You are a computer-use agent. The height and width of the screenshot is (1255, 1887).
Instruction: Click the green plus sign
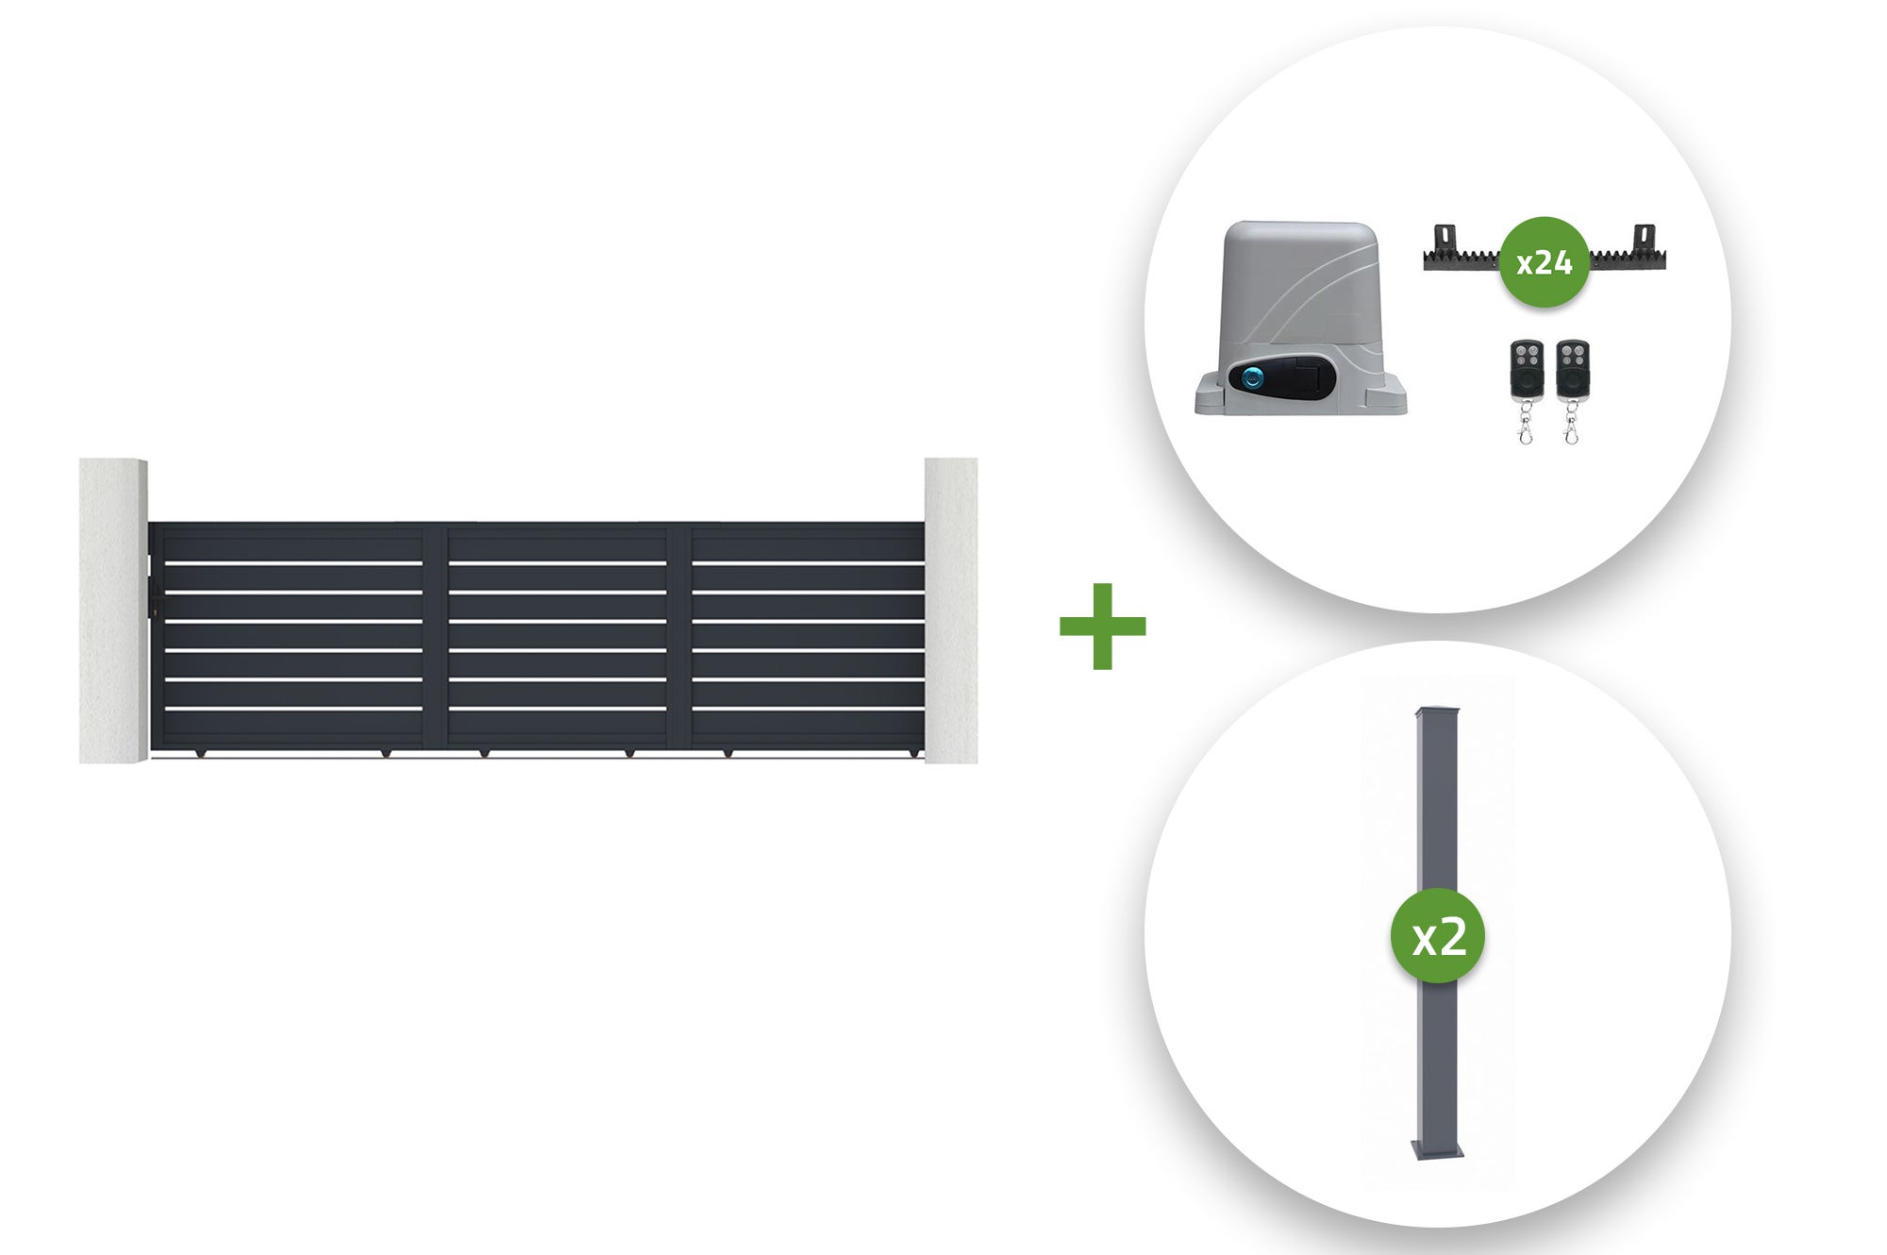click(x=1102, y=626)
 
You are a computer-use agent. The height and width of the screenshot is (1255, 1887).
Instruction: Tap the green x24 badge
click(x=1545, y=262)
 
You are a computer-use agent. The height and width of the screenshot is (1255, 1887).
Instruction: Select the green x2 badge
click(x=1438, y=937)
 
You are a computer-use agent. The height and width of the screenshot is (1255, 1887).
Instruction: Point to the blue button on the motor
click(x=1252, y=379)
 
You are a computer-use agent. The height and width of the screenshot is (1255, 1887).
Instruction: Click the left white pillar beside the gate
click(x=113, y=611)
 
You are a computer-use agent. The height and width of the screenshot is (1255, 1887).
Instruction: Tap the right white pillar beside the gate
click(x=951, y=611)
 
